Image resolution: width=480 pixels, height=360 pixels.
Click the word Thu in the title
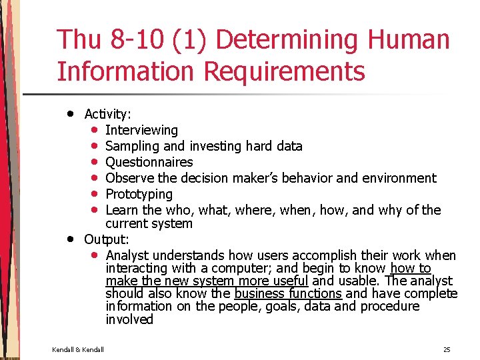point(79,41)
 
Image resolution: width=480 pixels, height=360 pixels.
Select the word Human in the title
point(409,41)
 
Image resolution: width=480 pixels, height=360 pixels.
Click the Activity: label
point(107,115)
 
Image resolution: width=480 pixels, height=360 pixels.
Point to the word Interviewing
point(141,130)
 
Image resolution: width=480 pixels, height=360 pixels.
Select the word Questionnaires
point(149,162)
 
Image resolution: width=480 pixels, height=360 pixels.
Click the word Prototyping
point(139,194)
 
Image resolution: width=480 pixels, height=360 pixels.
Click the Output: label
point(107,239)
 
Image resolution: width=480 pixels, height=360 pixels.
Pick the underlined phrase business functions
point(288,293)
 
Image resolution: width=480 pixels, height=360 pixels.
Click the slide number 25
point(447,349)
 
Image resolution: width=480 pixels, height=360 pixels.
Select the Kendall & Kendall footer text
point(77,349)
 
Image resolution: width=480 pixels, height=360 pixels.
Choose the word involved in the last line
point(129,319)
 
